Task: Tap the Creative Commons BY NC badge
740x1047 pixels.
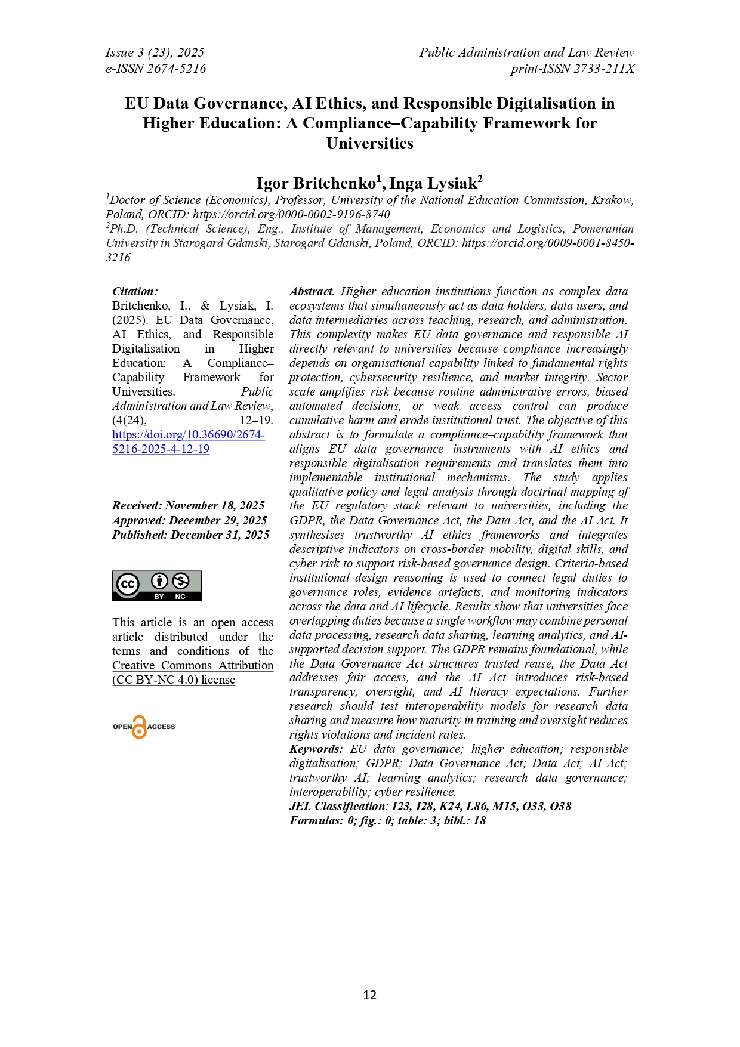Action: (x=157, y=585)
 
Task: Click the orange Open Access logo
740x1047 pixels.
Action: (x=143, y=727)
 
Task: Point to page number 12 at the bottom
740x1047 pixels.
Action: (x=369, y=995)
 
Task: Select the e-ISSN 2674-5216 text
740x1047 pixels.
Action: (x=156, y=69)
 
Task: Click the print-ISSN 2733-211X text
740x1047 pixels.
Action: (x=572, y=69)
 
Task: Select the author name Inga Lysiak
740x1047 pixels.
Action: (x=434, y=183)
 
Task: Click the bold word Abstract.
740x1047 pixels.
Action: (x=312, y=292)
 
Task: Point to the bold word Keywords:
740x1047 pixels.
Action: (x=316, y=749)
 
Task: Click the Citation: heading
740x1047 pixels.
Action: (x=135, y=292)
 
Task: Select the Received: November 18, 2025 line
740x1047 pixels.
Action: (x=188, y=506)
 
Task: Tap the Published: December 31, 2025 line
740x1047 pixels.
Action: (x=190, y=535)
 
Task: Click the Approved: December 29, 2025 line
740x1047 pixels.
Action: (x=189, y=520)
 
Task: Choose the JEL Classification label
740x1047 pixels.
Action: (x=338, y=807)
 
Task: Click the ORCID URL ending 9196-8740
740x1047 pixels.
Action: (x=291, y=214)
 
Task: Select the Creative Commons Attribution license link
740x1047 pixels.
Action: (x=193, y=672)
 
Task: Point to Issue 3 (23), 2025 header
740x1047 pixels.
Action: (x=155, y=52)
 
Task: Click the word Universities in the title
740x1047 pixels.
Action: (x=369, y=143)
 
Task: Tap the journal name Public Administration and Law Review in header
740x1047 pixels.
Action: (x=526, y=52)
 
